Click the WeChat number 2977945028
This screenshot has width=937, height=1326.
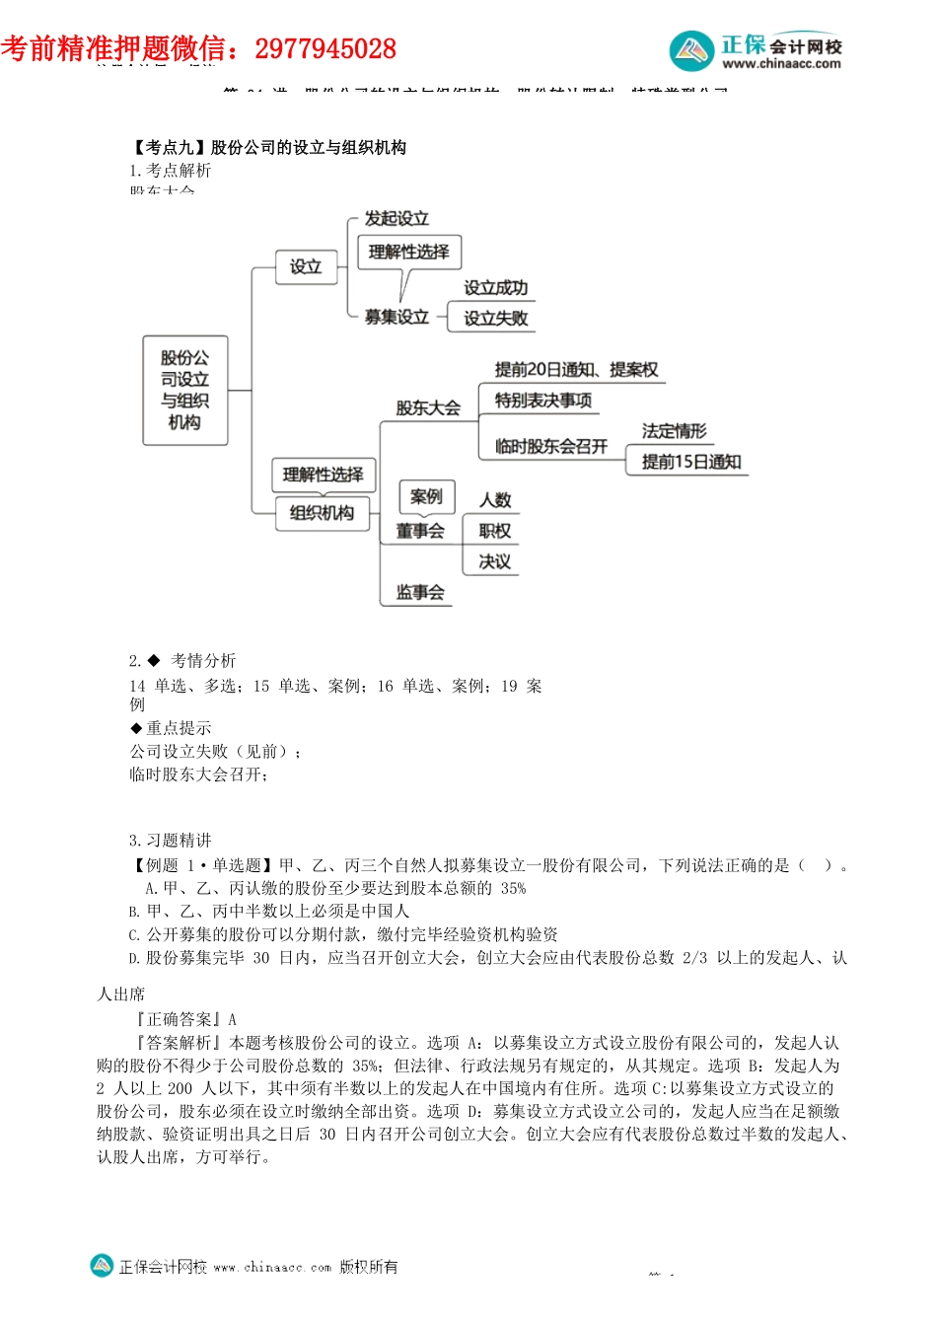[x=325, y=48]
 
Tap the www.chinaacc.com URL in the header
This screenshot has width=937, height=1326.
[x=781, y=64]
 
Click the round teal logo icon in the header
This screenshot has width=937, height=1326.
[x=691, y=50]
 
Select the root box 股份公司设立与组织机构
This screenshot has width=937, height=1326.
[x=184, y=390]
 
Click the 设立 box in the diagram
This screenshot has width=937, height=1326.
[x=306, y=266]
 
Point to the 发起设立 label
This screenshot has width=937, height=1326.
[x=396, y=218]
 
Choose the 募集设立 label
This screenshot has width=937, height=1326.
[x=396, y=317]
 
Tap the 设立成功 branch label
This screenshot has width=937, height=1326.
[x=495, y=288]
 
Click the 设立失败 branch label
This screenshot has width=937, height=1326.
[x=495, y=318]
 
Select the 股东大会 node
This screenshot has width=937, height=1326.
[x=428, y=407]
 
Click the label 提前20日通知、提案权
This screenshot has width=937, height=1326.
[x=576, y=369]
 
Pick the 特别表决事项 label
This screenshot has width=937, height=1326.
[x=543, y=400]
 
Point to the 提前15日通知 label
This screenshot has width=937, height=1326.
[x=691, y=462]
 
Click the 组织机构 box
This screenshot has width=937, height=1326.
[x=322, y=513]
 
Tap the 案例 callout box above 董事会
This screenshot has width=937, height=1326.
[x=426, y=496]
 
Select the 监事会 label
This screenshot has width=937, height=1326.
[x=420, y=592]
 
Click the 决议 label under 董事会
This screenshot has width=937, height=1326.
[x=495, y=561]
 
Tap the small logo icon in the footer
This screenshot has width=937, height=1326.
[x=102, y=1266]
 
